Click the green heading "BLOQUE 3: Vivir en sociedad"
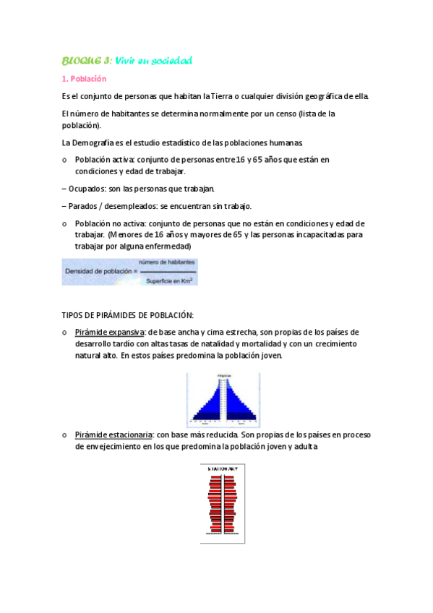pos(127,61)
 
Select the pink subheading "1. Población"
pos(84,79)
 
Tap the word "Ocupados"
pos(87,189)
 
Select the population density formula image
pos(129,271)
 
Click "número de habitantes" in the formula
pos(165,262)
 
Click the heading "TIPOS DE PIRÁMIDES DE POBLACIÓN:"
pos(128,314)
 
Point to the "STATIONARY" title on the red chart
pos(223,469)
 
